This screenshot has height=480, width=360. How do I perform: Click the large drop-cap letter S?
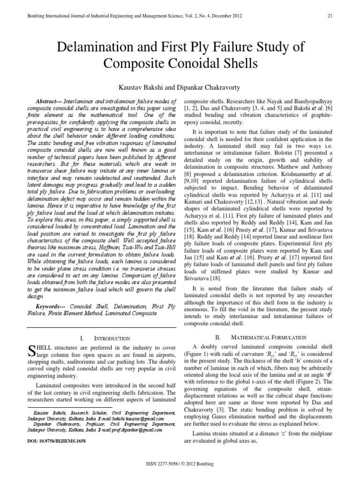(x=32, y=350)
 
